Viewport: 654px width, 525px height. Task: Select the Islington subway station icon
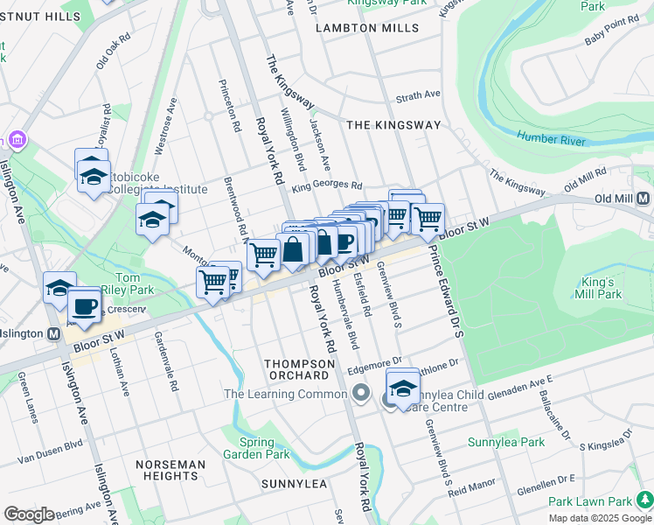tap(53, 334)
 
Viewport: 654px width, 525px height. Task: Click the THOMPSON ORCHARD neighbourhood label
tap(297, 369)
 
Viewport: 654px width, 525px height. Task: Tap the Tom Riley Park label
tap(129, 283)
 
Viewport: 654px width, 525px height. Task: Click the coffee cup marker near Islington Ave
tap(85, 306)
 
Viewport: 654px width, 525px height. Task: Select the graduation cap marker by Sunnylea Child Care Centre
tap(403, 387)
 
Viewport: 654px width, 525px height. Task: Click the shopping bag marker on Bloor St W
tap(295, 249)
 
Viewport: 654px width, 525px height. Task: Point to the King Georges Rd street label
tap(327, 185)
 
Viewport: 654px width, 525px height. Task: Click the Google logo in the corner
tap(29, 514)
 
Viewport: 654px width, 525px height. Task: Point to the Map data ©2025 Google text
tap(600, 518)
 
